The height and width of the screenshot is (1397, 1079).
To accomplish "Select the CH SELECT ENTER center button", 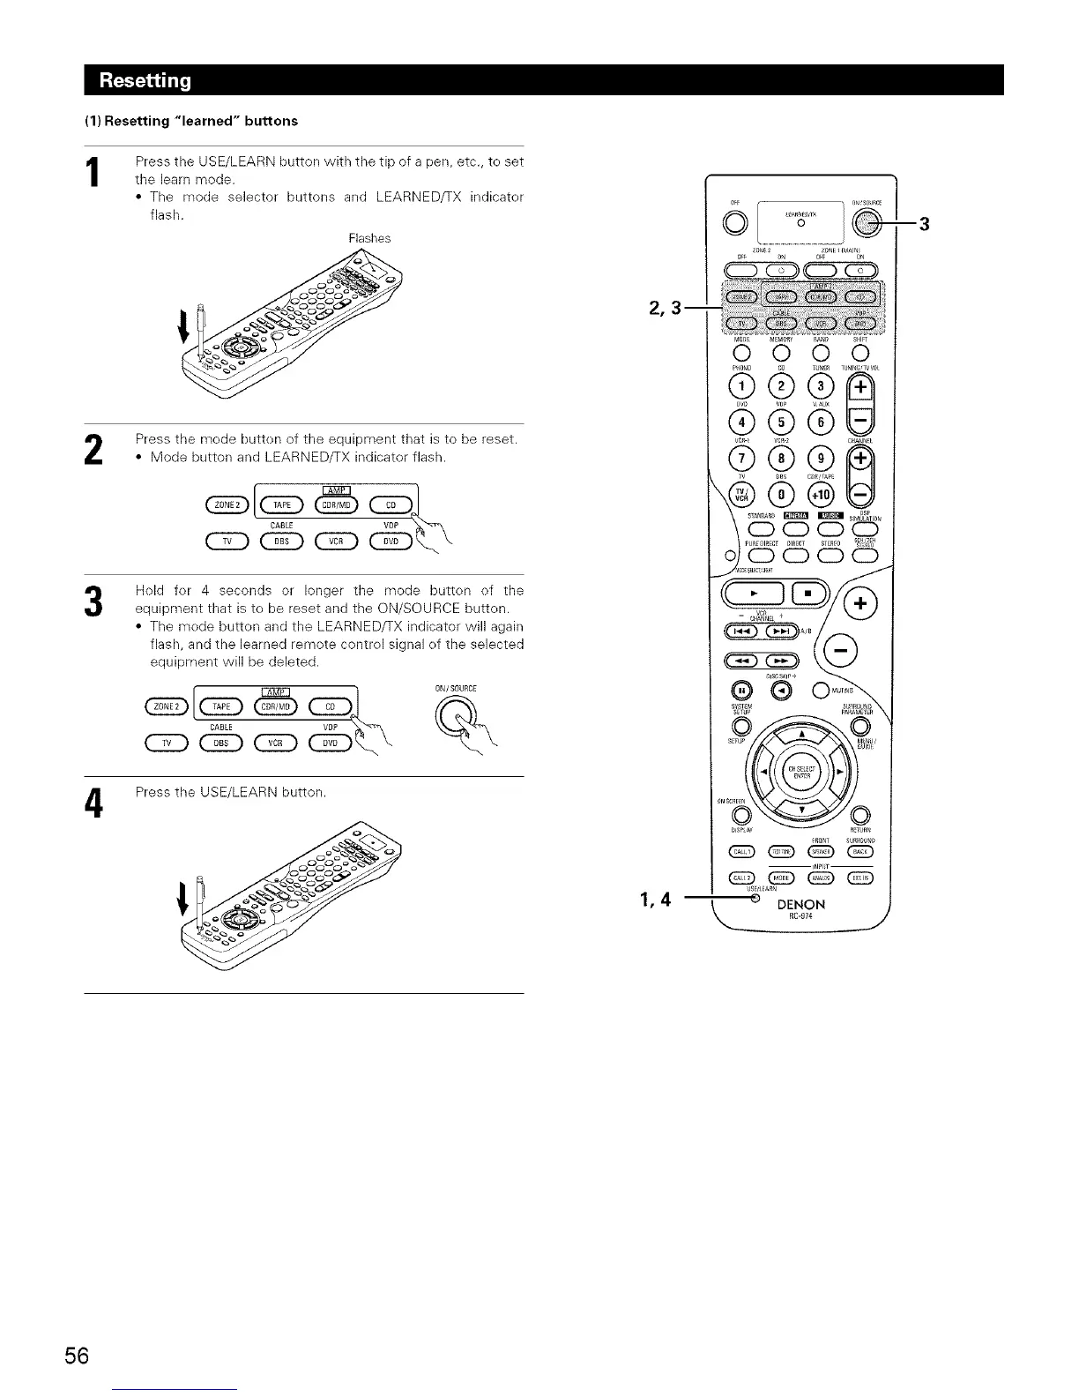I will point(800,769).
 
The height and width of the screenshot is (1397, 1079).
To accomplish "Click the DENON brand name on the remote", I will point(800,904).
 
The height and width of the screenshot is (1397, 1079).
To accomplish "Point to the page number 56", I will point(77,1355).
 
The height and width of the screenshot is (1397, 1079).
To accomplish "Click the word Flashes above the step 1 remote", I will point(369,238).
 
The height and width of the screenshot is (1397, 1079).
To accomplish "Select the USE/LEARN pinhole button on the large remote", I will point(755,900).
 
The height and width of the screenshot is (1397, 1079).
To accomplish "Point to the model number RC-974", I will point(800,916).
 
